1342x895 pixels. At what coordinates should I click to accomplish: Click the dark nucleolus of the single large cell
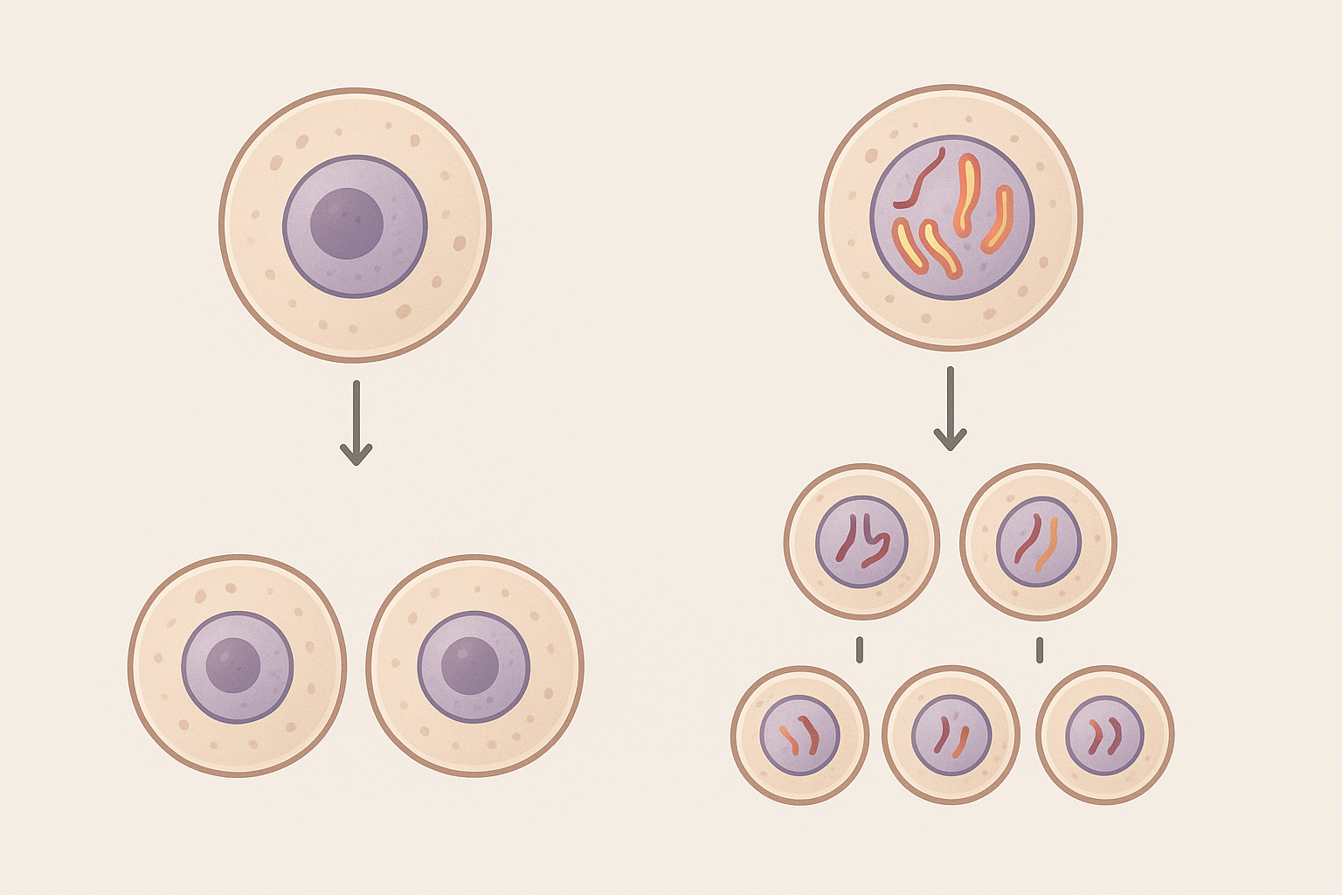[347, 223]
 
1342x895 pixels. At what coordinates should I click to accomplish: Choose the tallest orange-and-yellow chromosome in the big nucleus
[966, 194]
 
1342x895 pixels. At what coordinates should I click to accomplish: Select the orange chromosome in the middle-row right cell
[1047, 544]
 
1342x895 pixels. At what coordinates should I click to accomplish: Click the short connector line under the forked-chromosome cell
[860, 649]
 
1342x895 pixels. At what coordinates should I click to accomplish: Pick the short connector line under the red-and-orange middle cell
[1040, 649]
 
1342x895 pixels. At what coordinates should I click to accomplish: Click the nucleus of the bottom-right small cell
[1104, 735]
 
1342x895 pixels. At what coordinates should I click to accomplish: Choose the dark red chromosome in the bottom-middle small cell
[941, 734]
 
